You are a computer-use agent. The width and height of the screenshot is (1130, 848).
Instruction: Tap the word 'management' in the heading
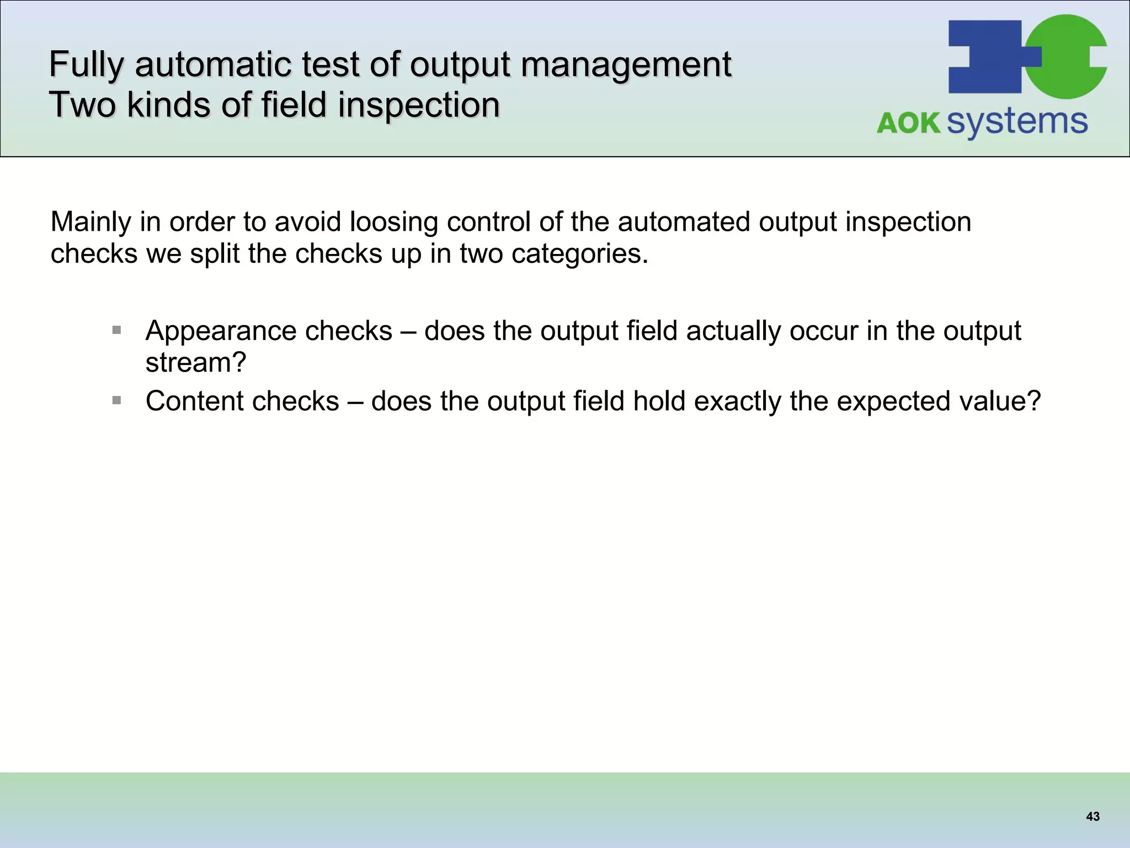pos(626,65)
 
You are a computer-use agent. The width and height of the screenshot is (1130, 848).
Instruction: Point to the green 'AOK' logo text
pos(908,123)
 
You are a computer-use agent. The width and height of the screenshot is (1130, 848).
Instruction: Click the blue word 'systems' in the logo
pos(1017,123)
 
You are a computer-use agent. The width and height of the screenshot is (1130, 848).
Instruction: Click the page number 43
pos(1092,817)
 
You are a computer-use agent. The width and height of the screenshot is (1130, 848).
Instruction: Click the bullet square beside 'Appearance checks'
pos(116,330)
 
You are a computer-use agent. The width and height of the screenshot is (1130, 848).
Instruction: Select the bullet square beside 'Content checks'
pos(116,400)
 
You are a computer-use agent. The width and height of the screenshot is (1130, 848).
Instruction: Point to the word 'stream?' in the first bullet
pos(195,363)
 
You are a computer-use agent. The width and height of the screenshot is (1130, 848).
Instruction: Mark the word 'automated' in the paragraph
pos(684,222)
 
